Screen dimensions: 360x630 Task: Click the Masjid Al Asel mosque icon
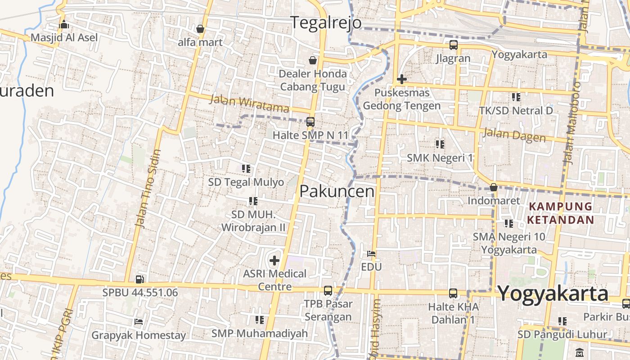(64, 24)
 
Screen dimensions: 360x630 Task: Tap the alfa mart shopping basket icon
(200, 29)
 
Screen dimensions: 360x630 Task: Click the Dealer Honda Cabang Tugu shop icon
(312, 60)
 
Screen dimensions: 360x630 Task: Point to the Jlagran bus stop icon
(453, 45)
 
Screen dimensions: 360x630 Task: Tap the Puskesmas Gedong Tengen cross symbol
(401, 80)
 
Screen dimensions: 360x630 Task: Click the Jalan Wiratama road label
(249, 103)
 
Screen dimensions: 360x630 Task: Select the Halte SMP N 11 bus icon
(310, 121)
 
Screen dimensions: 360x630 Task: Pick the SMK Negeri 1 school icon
(440, 144)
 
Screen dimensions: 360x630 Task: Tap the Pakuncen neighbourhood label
(337, 191)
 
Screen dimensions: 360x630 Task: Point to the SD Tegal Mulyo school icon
(246, 169)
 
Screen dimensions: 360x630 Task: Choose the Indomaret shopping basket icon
(494, 187)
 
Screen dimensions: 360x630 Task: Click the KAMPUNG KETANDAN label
(560, 213)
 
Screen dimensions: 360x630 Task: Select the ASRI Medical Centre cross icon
(274, 260)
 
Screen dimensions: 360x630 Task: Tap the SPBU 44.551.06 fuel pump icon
(140, 279)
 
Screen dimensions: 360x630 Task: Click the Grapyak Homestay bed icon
(139, 322)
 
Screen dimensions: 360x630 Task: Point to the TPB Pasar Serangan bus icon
(328, 291)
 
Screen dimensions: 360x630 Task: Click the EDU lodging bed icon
(371, 254)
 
